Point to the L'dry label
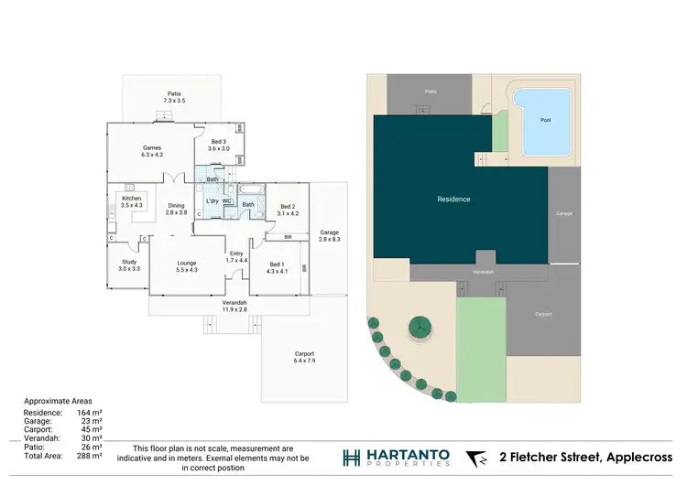212,200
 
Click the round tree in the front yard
421,326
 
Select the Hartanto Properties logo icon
352,458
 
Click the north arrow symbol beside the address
476,458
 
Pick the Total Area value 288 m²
92,455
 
